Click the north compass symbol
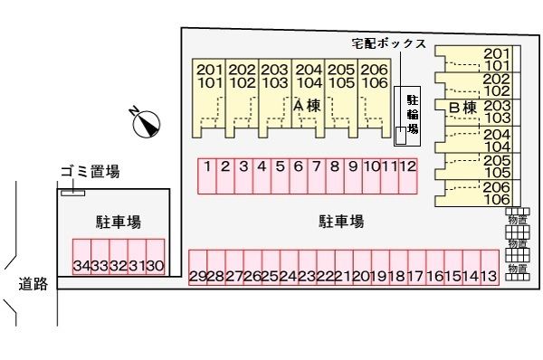tap(145, 122)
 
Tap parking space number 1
tap(207, 175)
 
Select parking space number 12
tap(408, 175)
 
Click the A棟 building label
tap(308, 106)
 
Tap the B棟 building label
tap(462, 107)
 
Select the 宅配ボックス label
tap(390, 43)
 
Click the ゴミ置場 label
tap(90, 171)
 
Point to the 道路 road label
tap(33, 284)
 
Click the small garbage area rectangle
tap(72, 192)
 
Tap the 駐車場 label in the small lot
tap(118, 222)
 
